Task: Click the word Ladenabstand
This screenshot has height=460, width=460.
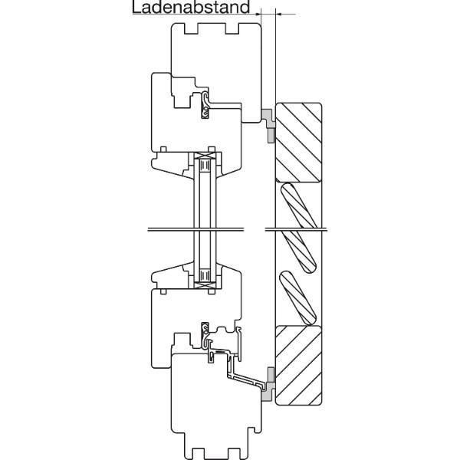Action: point(191,7)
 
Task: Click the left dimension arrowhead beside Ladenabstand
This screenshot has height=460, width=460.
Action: point(258,14)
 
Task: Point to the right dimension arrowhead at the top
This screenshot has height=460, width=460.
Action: point(279,14)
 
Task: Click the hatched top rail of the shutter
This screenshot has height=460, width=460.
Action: point(299,143)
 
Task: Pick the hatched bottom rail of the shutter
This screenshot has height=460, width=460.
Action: point(299,365)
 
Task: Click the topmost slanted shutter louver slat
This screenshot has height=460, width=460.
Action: point(299,205)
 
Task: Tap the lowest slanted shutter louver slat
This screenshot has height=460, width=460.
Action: point(298,298)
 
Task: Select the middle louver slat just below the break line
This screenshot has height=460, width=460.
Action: point(299,251)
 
